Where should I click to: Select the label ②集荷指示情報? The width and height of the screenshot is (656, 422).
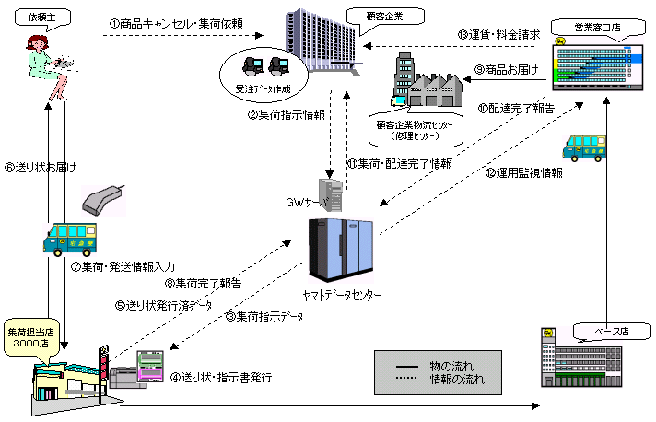point(286,115)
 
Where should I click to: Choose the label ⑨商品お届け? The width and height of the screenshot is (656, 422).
point(506,69)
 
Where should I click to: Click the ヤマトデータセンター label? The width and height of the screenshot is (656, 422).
point(342,295)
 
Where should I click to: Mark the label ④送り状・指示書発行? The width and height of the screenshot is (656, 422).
point(221,378)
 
